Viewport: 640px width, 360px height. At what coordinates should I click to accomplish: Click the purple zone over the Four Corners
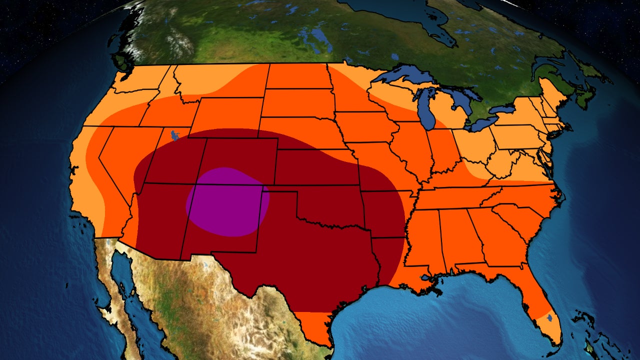point(227,201)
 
